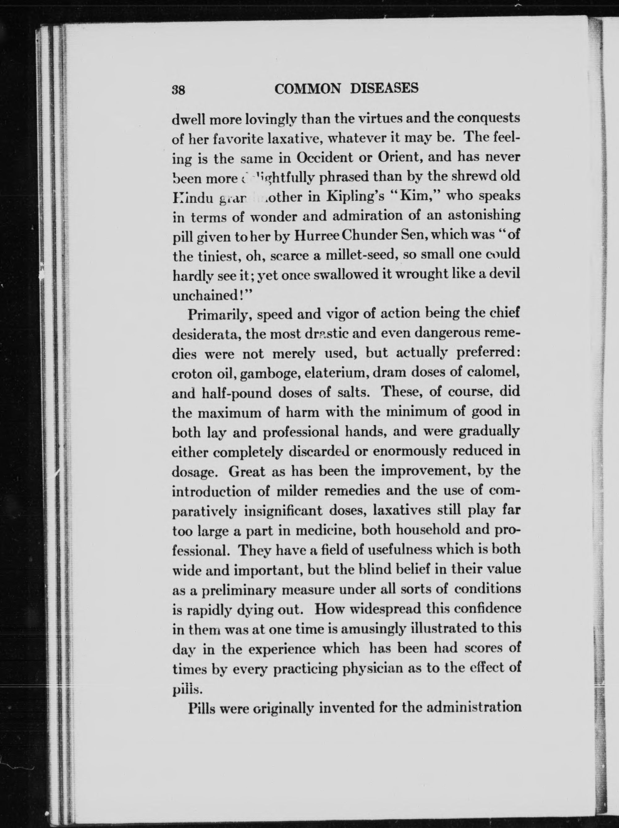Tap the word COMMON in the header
pyautogui.click(x=307, y=88)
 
